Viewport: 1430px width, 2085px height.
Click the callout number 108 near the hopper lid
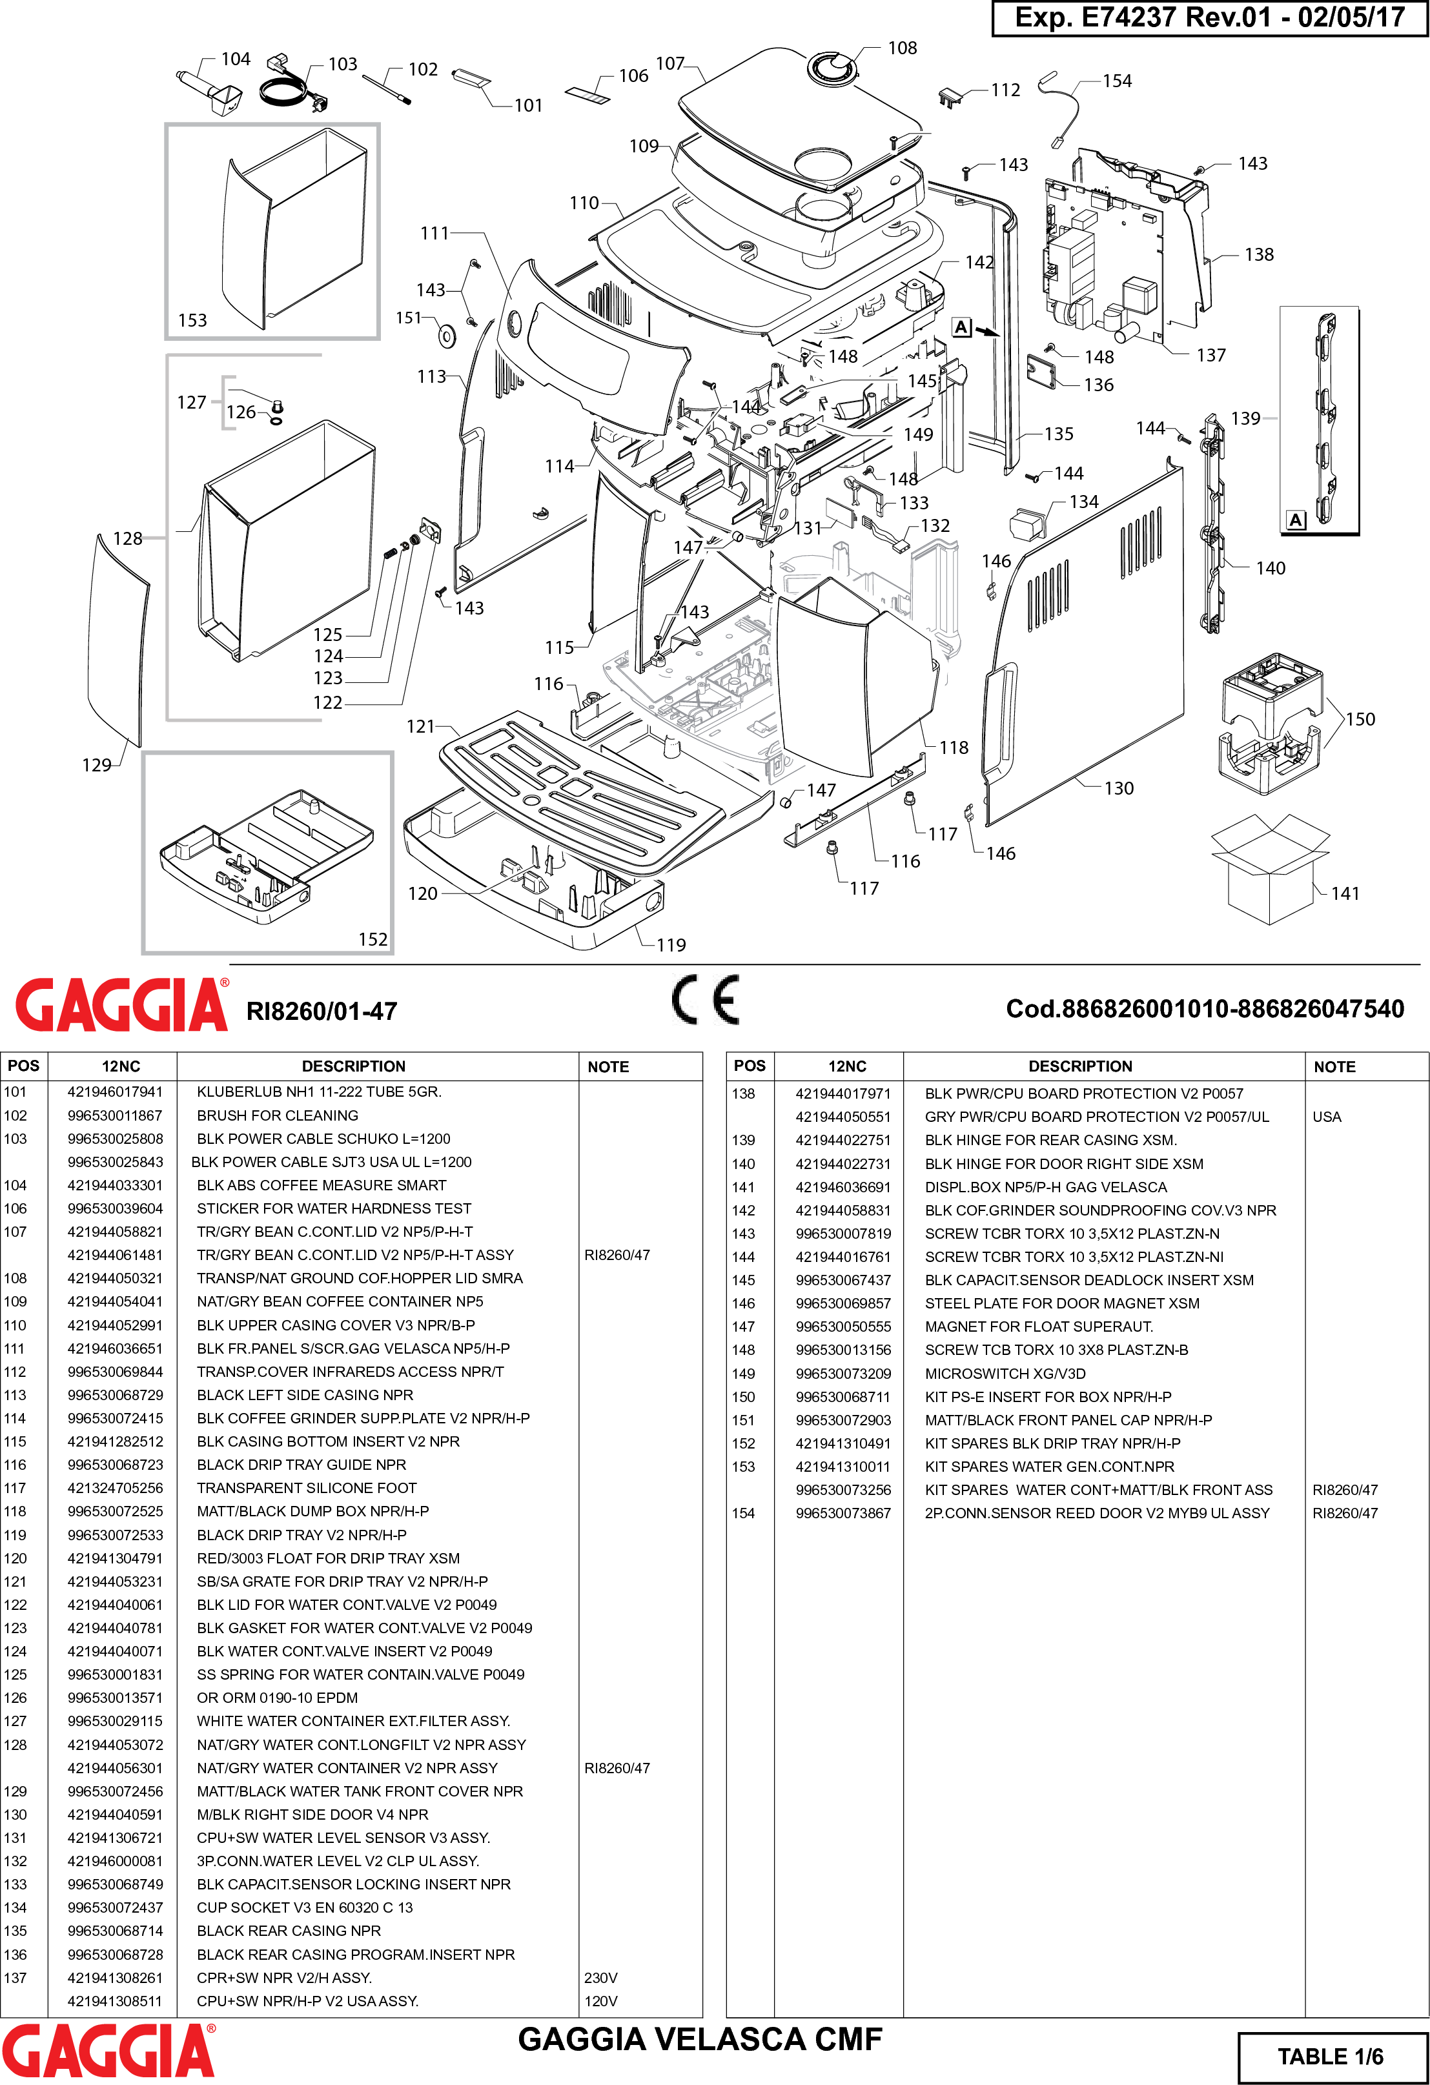tap(902, 48)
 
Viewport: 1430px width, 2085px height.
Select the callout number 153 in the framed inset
tap(192, 320)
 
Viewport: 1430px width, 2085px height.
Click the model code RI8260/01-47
tap(321, 1011)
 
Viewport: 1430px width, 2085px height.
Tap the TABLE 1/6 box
tap(1331, 2057)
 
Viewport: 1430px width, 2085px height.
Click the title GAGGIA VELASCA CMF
tap(700, 2039)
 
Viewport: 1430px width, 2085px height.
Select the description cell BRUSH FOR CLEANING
tap(277, 1115)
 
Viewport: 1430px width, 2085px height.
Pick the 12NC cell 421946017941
tap(115, 1092)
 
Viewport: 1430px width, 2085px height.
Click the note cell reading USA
tap(1326, 1117)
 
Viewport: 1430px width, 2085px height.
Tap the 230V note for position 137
tap(600, 1977)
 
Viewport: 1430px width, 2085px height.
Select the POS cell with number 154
tap(743, 1512)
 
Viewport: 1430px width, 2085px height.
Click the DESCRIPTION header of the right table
tap(1079, 1066)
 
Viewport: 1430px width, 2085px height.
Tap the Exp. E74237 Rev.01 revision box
tap(1209, 18)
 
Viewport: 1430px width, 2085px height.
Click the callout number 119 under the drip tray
tap(671, 945)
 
